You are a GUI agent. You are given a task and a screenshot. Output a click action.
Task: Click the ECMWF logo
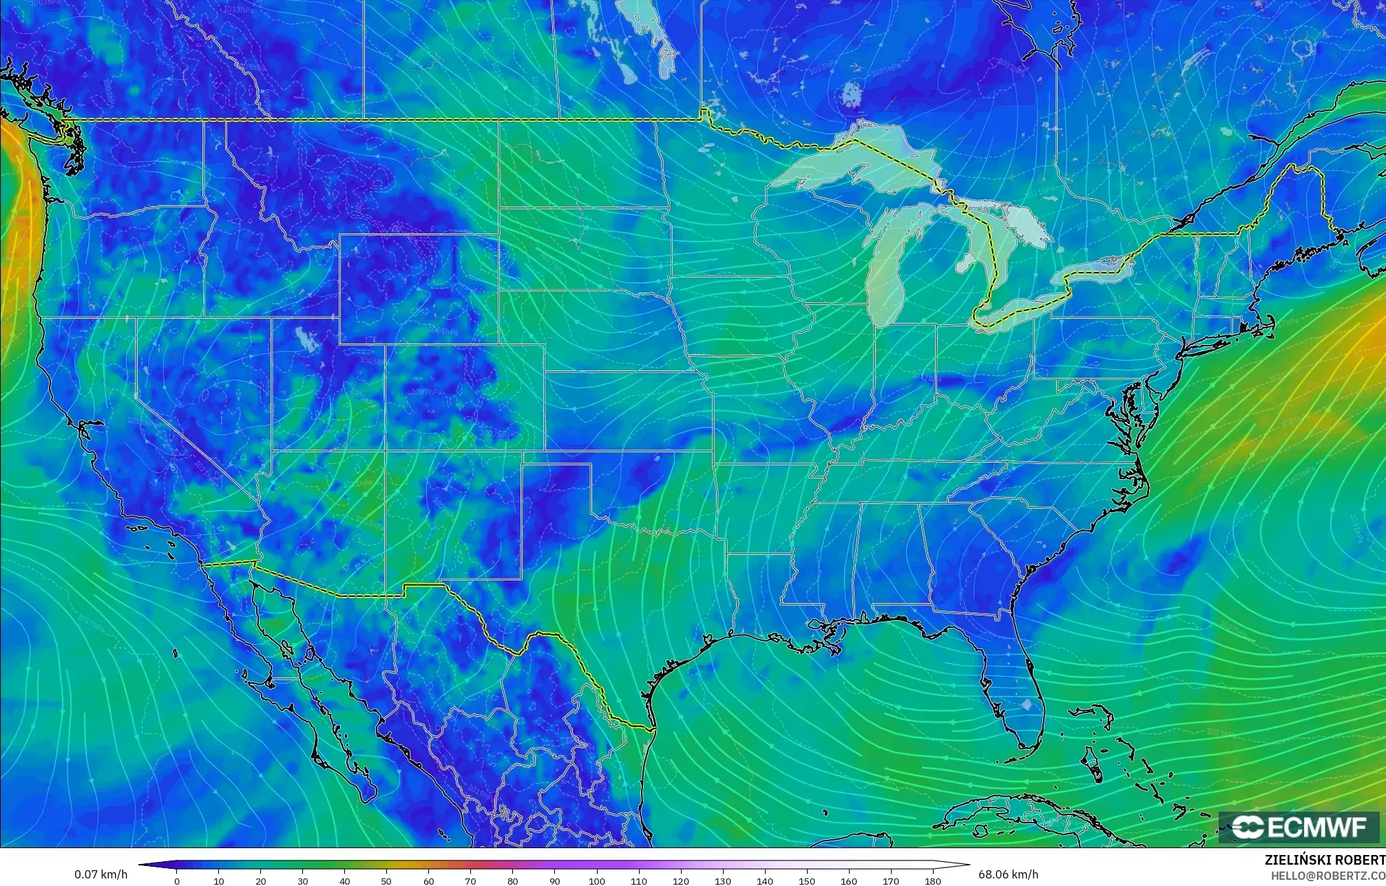(1299, 827)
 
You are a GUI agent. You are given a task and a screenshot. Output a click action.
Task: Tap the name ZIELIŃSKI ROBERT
(1324, 860)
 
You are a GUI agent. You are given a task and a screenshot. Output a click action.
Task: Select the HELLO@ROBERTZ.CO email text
(1327, 876)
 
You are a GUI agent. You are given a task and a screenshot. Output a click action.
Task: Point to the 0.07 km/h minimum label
(101, 874)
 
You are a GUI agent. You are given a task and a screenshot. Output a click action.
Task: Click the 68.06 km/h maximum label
(1008, 874)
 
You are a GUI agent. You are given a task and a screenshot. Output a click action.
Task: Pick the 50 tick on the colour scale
(386, 880)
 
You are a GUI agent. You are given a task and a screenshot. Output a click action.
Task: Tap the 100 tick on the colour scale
(596, 880)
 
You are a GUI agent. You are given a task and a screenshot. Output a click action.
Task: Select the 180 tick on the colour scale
(932, 880)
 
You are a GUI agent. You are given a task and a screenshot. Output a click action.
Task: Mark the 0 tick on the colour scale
(177, 880)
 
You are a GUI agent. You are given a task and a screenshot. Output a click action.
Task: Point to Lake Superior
(854, 169)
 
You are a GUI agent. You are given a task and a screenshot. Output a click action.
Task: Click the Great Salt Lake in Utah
(303, 339)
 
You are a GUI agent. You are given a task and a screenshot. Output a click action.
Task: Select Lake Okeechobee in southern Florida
(1027, 705)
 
